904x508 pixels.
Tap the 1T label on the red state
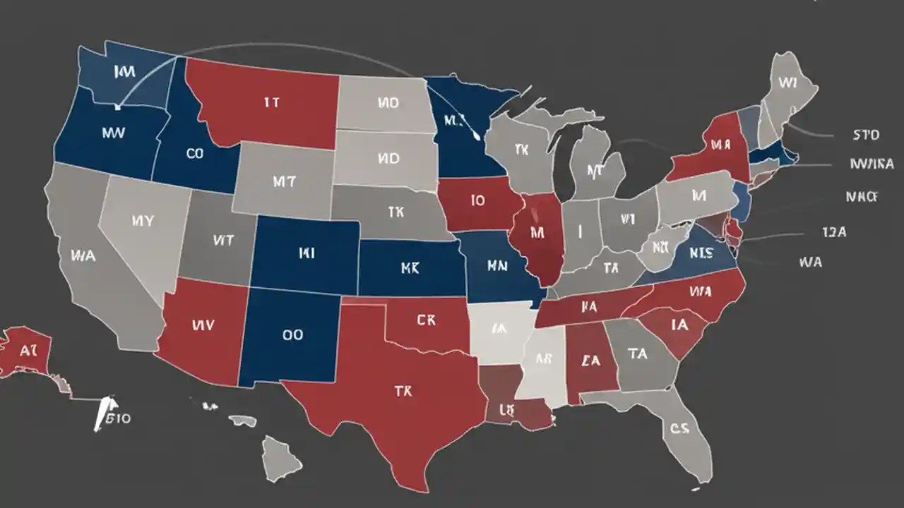click(272, 102)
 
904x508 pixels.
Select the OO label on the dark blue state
click(292, 335)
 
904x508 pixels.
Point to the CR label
click(426, 320)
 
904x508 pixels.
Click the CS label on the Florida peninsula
click(679, 428)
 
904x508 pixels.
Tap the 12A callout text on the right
click(834, 231)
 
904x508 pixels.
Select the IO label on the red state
click(477, 200)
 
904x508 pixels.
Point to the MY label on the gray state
click(142, 221)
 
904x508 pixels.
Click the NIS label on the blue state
click(702, 252)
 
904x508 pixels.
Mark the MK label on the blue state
click(410, 268)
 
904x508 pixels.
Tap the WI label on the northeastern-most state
click(787, 83)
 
